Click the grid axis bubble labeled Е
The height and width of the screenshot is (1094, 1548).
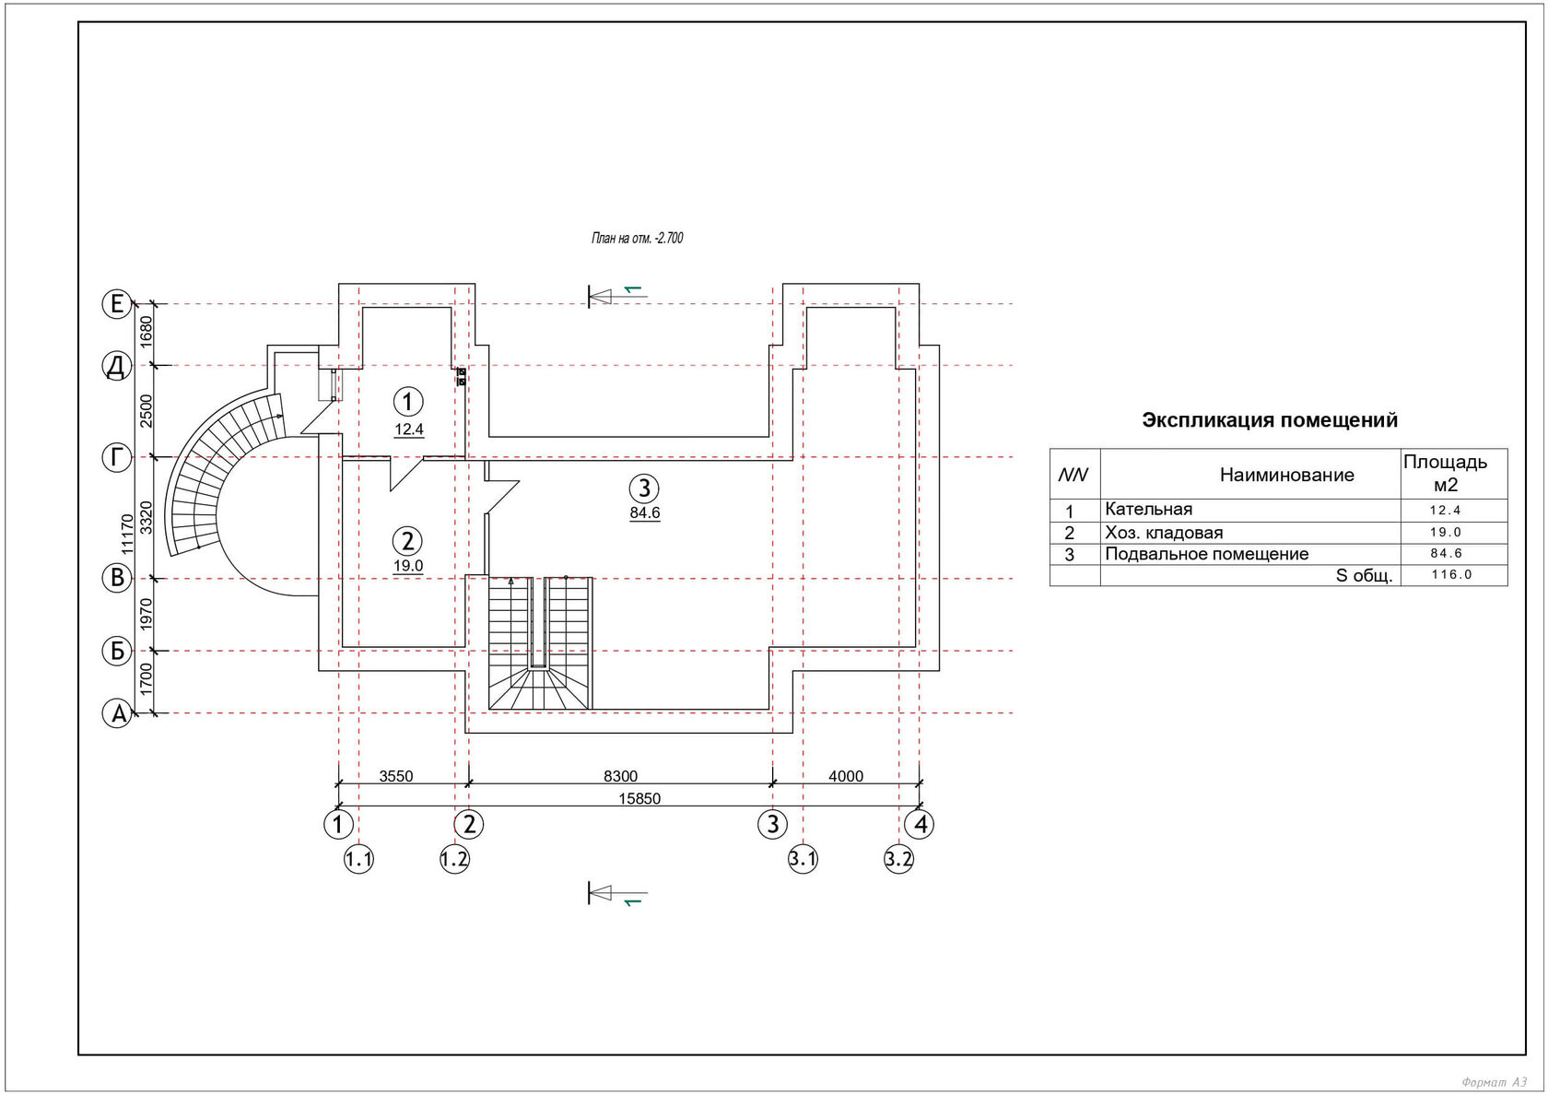(x=117, y=303)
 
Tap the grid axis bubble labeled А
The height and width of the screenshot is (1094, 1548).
(x=117, y=713)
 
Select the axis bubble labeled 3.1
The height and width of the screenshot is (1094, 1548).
(x=803, y=860)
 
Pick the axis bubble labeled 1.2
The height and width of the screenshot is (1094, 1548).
(x=455, y=860)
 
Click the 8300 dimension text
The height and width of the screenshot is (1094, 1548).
(x=621, y=776)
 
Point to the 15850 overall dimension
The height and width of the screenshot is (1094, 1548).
(x=639, y=799)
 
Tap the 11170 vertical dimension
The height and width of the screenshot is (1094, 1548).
(x=127, y=534)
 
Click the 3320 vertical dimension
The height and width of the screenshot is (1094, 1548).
(x=146, y=518)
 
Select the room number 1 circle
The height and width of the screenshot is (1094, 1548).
(x=408, y=401)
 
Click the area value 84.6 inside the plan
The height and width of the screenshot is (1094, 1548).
(x=645, y=512)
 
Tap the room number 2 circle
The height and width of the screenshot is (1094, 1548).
(x=407, y=540)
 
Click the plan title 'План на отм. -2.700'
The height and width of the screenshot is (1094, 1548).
(x=638, y=239)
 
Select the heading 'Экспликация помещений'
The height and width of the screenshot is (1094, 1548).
(x=1270, y=420)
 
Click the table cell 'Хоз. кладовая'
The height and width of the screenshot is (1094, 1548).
(x=1164, y=533)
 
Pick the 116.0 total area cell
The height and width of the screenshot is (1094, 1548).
(x=1452, y=574)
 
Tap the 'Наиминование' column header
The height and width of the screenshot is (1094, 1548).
(x=1286, y=475)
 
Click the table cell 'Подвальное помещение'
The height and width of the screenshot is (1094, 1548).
(x=1207, y=554)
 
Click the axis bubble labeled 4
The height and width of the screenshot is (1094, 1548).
(x=920, y=824)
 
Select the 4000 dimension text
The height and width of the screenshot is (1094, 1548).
(x=846, y=776)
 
